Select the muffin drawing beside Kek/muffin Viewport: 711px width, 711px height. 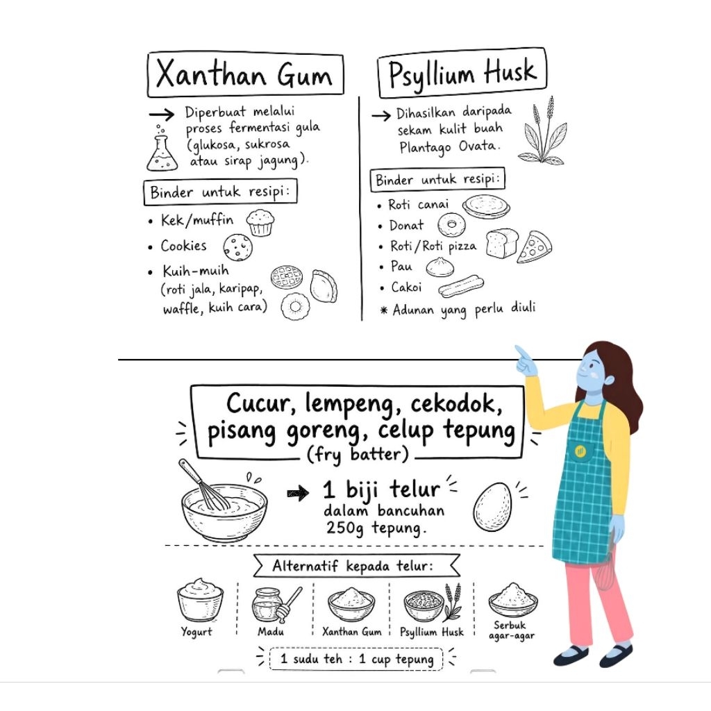[x=260, y=223]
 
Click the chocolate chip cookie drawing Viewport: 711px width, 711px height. [x=237, y=248]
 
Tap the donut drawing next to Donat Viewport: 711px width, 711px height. [x=451, y=224]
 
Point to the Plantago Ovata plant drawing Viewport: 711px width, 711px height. [x=543, y=131]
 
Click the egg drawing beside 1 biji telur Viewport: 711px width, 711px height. [x=492, y=506]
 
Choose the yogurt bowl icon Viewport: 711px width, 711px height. [x=200, y=601]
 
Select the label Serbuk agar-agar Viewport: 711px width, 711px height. [x=511, y=630]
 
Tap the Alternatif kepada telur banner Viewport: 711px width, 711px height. [x=357, y=565]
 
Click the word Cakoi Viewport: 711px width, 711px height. [x=406, y=287]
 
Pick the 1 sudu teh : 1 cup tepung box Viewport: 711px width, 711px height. [x=356, y=659]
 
